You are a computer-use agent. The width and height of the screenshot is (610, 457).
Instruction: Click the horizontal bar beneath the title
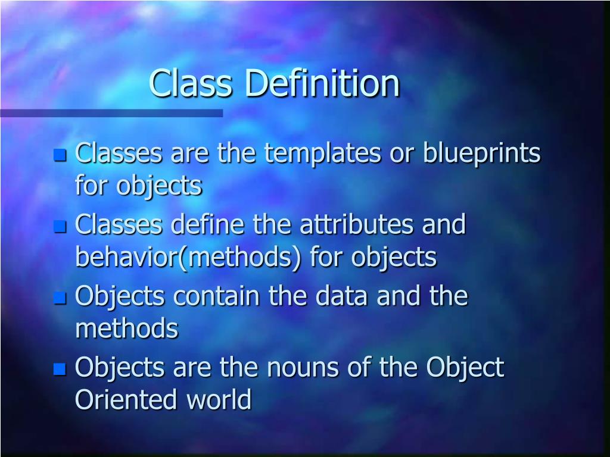[x=111, y=113]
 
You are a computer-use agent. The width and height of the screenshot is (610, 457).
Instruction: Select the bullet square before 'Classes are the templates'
[x=60, y=156]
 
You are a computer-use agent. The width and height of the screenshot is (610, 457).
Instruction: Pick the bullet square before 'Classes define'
[x=60, y=227]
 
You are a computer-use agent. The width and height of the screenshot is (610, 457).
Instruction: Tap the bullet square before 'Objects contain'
[x=60, y=298]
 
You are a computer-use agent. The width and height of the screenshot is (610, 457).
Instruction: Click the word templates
[x=323, y=154]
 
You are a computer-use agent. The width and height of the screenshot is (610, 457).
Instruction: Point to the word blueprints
[x=481, y=154]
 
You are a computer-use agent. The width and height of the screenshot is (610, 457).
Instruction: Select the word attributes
[x=357, y=225]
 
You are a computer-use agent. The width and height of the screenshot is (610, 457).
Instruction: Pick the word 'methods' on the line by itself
[x=126, y=328]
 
